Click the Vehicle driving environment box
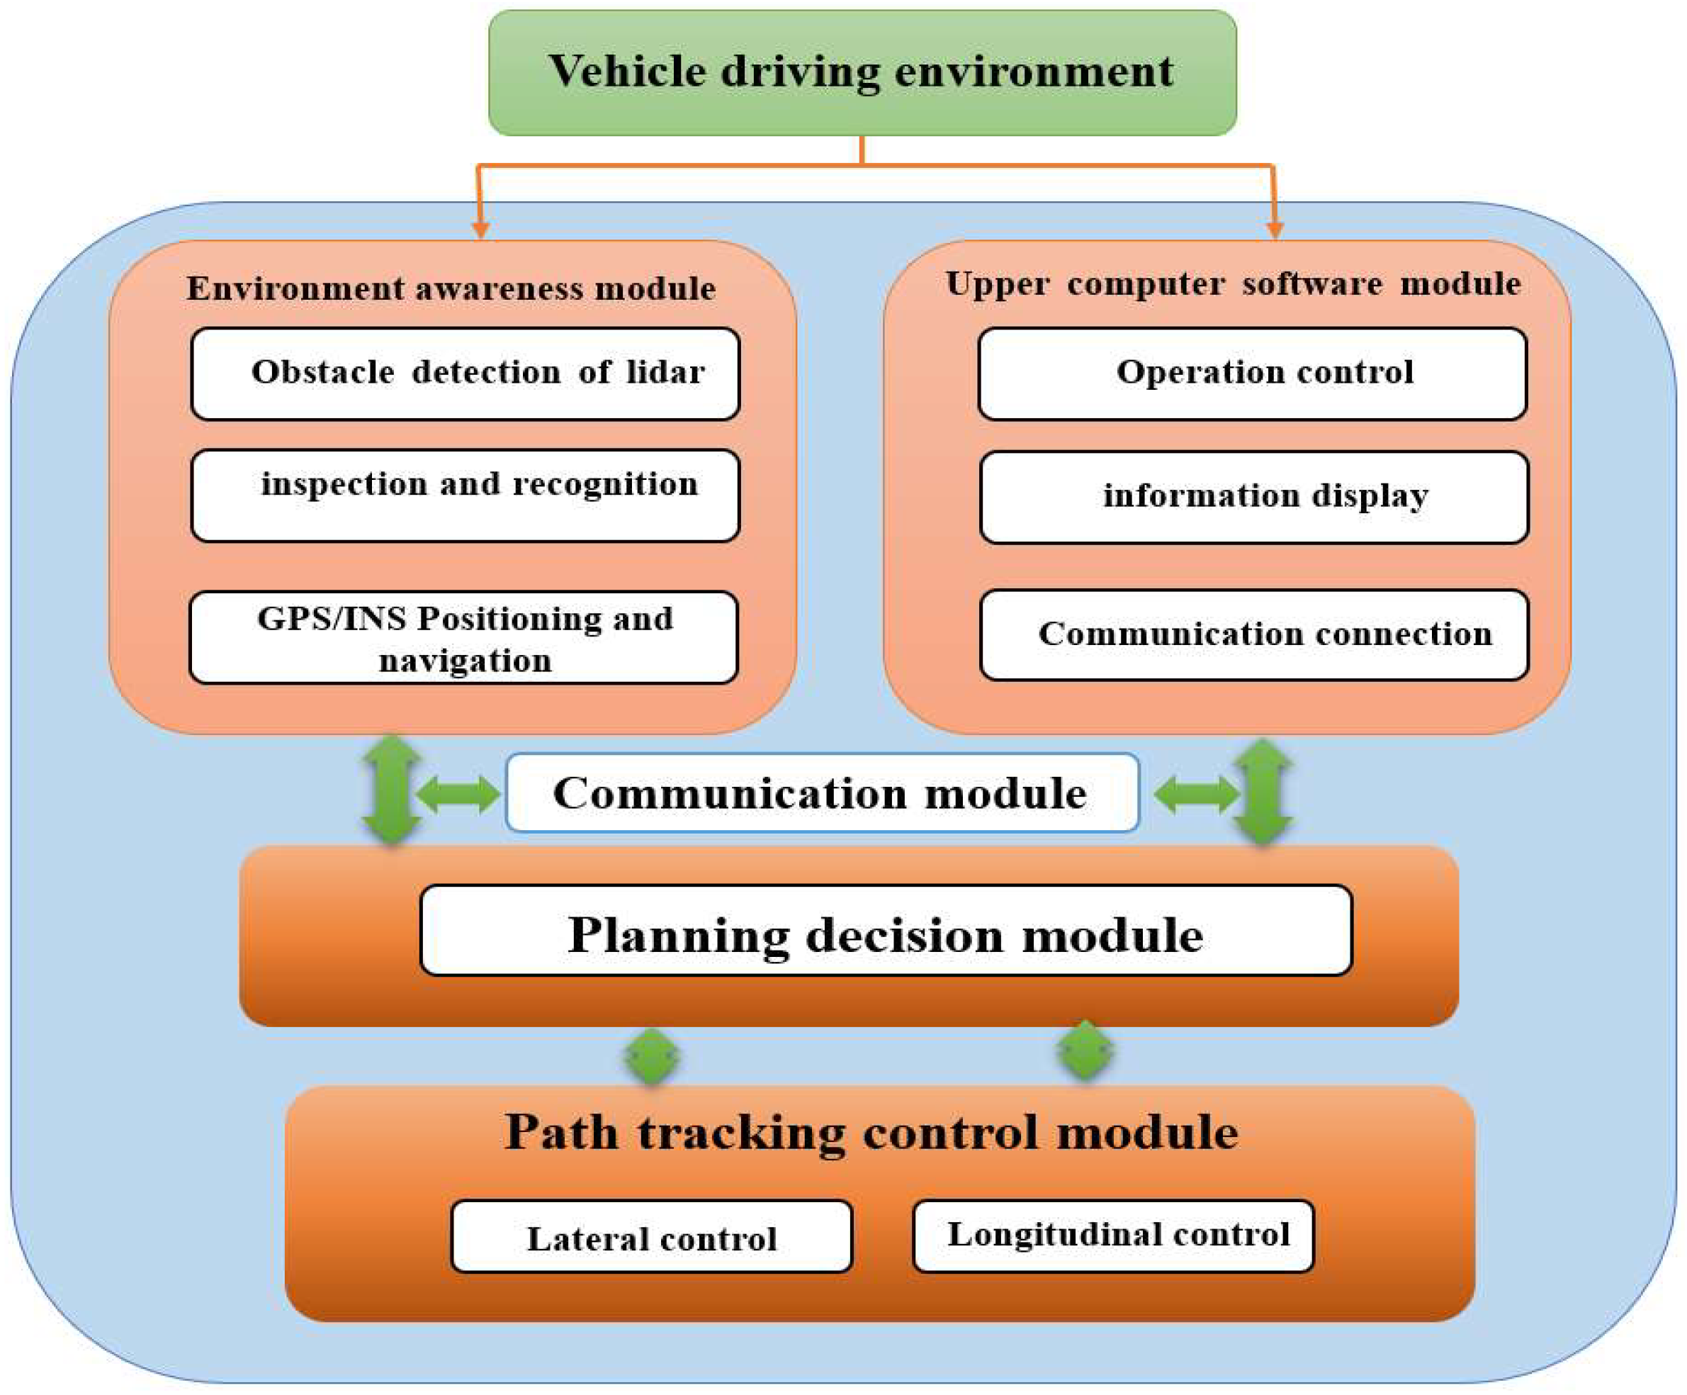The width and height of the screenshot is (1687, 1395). [x=862, y=72]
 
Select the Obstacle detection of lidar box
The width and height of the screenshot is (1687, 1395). [x=465, y=374]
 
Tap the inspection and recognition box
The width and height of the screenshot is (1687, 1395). [x=465, y=495]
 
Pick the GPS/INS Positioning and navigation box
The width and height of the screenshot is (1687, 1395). [x=463, y=638]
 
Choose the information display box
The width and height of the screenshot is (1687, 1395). [x=1254, y=498]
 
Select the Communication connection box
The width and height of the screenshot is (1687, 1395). [x=1254, y=635]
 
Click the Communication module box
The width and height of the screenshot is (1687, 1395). [x=822, y=792]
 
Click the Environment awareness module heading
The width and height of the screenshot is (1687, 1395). [x=451, y=288]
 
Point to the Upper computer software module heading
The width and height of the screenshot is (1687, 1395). [x=1232, y=284]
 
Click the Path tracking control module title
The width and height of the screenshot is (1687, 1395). [x=871, y=1133]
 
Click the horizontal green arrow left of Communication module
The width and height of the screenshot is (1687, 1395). [x=458, y=794]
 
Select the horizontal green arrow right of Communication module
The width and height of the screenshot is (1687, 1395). [x=1195, y=794]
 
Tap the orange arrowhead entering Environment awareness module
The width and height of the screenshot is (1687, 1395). [x=480, y=230]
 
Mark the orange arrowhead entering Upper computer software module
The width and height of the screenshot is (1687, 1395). [x=1274, y=230]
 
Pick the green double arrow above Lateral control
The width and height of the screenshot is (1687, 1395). [x=652, y=1057]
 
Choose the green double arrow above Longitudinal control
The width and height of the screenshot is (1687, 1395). [x=1085, y=1051]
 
